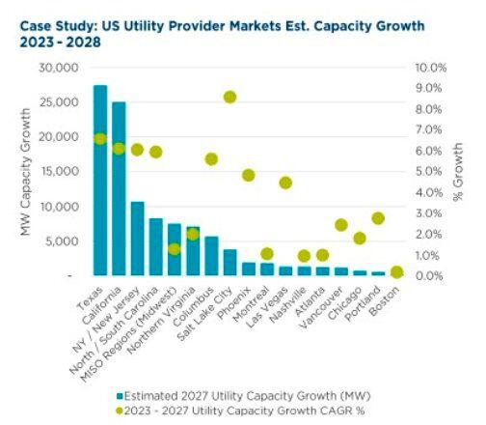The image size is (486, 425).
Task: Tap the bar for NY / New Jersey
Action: pyautogui.click(x=137, y=239)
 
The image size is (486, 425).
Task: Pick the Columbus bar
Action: pyautogui.click(x=211, y=256)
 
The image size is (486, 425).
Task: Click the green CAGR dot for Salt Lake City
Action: pyautogui.click(x=229, y=97)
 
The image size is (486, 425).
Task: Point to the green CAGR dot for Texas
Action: pyautogui.click(x=100, y=139)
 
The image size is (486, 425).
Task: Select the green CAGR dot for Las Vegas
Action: pyautogui.click(x=285, y=183)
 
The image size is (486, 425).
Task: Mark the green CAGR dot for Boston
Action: pyautogui.click(x=396, y=272)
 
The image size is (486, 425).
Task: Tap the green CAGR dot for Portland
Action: pyautogui.click(x=378, y=218)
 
